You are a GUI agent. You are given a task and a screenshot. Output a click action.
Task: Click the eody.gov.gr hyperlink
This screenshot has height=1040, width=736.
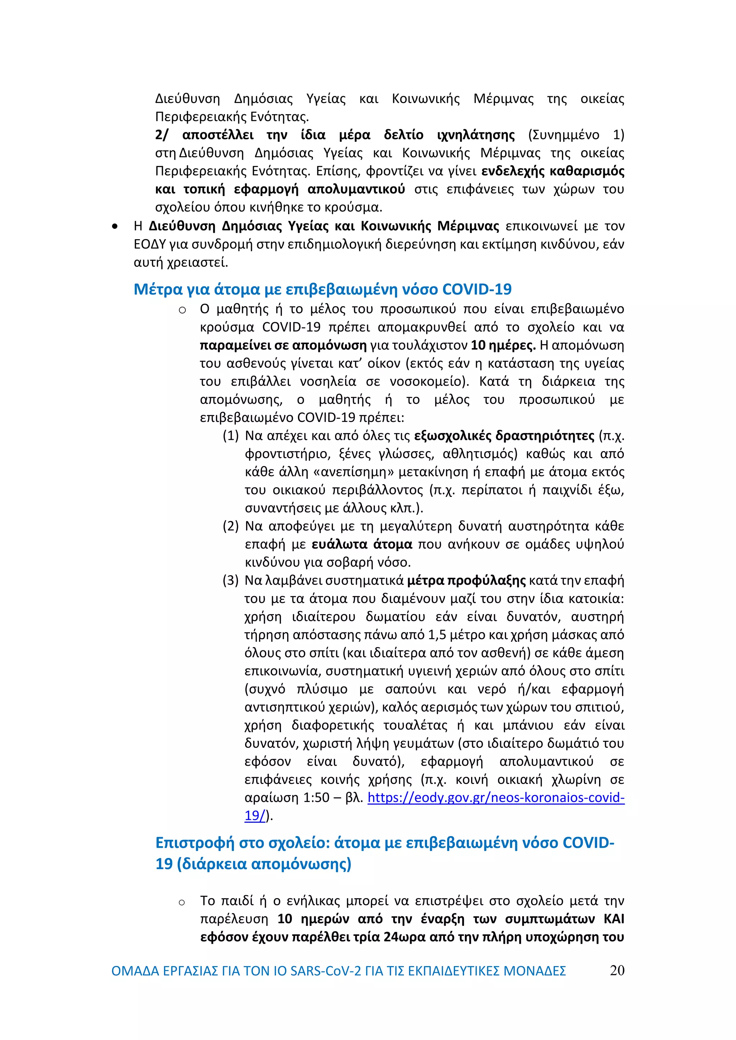pos(496,798)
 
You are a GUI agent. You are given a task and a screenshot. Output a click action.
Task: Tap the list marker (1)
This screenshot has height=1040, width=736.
pos(230,436)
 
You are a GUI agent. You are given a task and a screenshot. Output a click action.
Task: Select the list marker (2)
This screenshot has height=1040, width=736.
pos(230,526)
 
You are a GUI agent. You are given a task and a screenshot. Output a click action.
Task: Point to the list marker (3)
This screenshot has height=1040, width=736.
pos(230,581)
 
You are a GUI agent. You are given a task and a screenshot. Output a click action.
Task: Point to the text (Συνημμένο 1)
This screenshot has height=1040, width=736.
pos(576,135)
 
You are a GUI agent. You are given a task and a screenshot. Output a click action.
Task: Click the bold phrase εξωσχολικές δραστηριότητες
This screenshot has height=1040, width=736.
pos(504,436)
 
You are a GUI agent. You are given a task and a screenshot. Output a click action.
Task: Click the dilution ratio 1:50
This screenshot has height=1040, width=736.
pos(316,798)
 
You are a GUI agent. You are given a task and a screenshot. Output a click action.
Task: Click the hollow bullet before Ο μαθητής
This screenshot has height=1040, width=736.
pos(182,310)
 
